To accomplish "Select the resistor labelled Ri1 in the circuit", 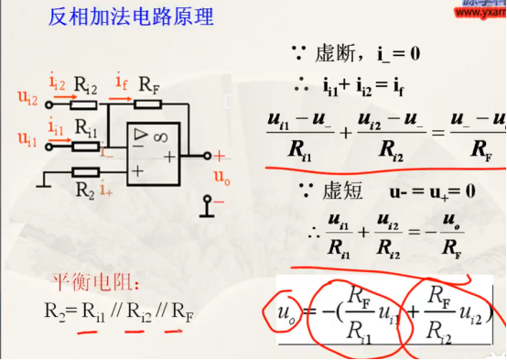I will tap(84, 145).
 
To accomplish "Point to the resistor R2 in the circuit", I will tap(85, 173).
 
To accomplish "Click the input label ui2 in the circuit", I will tap(27, 95).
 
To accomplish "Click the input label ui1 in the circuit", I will tap(27, 138).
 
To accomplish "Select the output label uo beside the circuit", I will tap(221, 176).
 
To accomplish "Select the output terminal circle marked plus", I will tap(208, 157).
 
